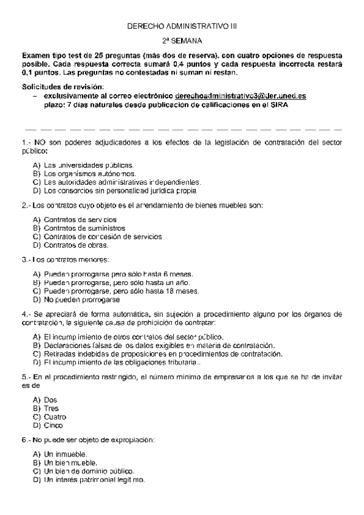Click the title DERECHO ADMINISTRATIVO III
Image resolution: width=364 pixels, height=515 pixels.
point(183,27)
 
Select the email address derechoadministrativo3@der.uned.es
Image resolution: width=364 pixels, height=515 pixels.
point(241,96)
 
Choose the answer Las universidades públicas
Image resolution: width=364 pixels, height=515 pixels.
point(89,165)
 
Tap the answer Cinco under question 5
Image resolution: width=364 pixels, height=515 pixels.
point(53,426)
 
